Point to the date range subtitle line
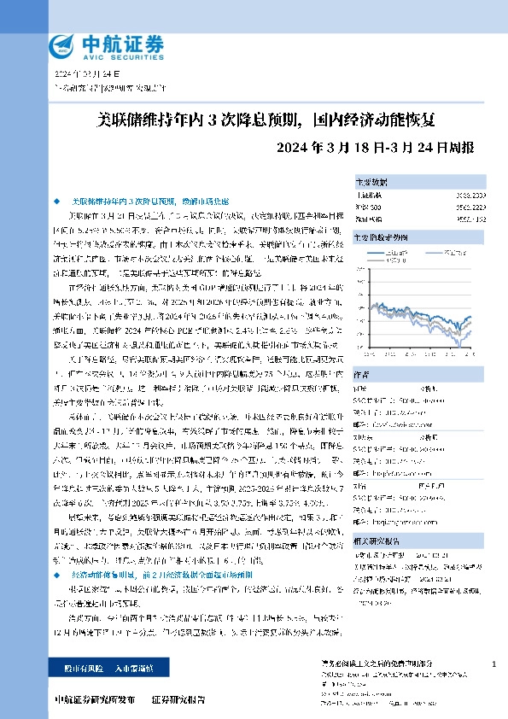click(377, 147)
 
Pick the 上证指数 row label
click(369, 196)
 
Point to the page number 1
click(494, 664)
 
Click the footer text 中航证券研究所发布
click(94, 699)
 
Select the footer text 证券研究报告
click(178, 699)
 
